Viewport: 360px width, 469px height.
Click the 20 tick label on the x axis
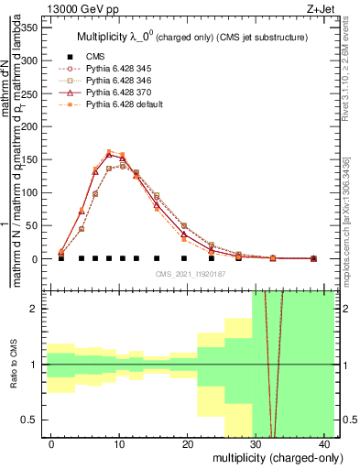[x=188, y=444]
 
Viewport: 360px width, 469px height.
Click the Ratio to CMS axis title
[x=13, y=365]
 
